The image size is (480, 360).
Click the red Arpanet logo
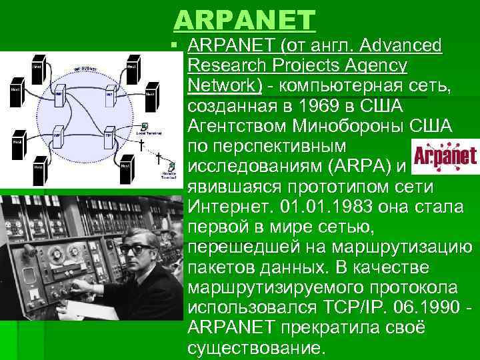coord(444,155)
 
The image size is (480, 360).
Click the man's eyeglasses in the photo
coord(137,248)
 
